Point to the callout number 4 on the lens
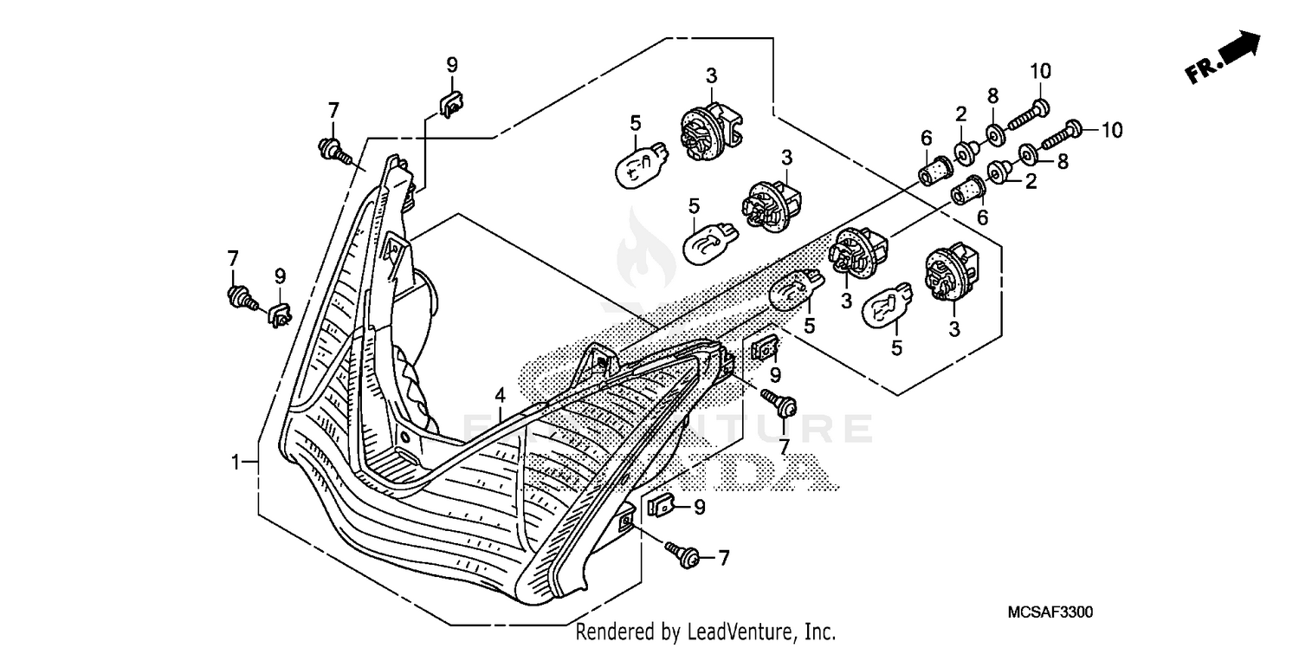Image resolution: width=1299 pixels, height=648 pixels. pyautogui.click(x=500, y=395)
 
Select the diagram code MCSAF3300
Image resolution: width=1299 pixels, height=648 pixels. pyautogui.click(x=1049, y=612)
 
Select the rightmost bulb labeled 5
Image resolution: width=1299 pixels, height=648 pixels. pyautogui.click(x=888, y=306)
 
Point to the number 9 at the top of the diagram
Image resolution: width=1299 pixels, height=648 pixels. pyautogui.click(x=451, y=63)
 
